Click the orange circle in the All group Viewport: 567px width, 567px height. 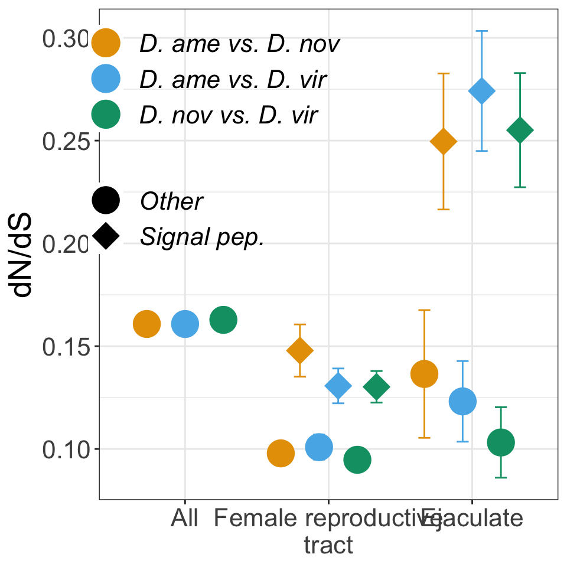coord(147,324)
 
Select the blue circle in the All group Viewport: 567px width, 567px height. coord(185,324)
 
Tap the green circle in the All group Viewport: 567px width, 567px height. coord(223,320)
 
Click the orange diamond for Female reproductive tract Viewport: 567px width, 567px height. coord(300,350)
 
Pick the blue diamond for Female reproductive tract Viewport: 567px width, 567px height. coord(338,386)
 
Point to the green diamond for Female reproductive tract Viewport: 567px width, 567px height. coord(376,387)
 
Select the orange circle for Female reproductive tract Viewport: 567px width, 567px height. coord(281,454)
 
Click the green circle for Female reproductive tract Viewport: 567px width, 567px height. coord(357,460)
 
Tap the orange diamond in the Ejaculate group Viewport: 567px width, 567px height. coord(444,142)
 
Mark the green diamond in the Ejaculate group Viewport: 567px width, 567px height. coord(520,131)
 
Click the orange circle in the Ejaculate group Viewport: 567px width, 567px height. coord(424,373)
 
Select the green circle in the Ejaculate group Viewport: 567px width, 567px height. coord(501,442)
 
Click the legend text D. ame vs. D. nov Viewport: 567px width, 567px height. coord(239,44)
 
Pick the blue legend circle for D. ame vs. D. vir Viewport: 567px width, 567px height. coord(106,79)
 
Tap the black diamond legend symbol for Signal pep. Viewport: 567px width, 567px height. coord(106,237)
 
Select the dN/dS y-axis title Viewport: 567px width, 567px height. coord(25,260)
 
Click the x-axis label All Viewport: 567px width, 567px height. coord(185,519)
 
